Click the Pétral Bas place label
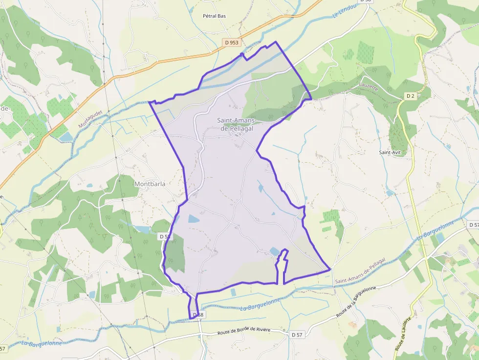click(214, 16)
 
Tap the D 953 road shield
click(232, 42)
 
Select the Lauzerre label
click(368, 86)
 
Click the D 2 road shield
click(411, 96)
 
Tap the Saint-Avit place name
click(390, 152)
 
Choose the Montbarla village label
click(150, 184)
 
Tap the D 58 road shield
click(198, 315)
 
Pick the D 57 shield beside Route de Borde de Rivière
click(297, 335)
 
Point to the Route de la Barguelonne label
click(356, 302)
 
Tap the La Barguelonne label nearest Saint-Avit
click(435, 231)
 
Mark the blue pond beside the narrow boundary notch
click(274, 251)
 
